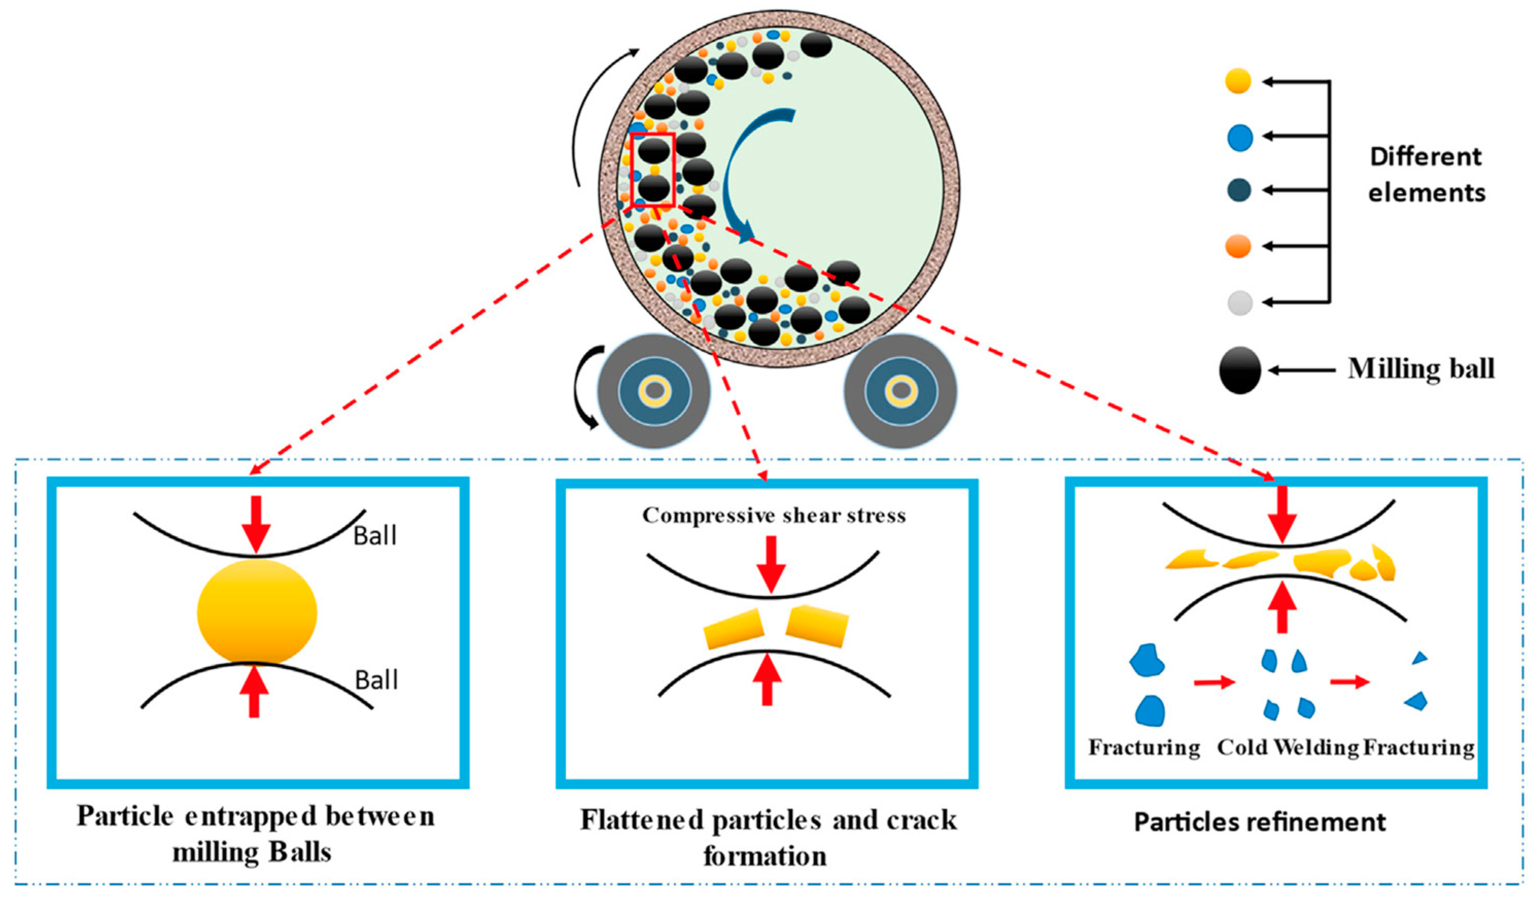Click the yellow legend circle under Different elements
point(1238,81)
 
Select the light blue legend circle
point(1240,137)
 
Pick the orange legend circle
point(1238,246)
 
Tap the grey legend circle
point(1240,302)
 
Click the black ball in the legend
point(1240,370)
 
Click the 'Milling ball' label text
point(1421,369)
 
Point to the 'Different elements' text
point(1426,175)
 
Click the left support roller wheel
point(654,391)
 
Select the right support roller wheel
point(900,391)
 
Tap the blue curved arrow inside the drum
point(740,177)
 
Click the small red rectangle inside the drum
point(652,170)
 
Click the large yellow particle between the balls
point(256,612)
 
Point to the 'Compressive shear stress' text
point(774,516)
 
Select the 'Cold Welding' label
point(1287,748)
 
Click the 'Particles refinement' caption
point(1260,822)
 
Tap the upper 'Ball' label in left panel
point(375,536)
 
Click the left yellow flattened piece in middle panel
point(734,629)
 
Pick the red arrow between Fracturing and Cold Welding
point(1214,682)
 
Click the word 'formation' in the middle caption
point(765,856)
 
